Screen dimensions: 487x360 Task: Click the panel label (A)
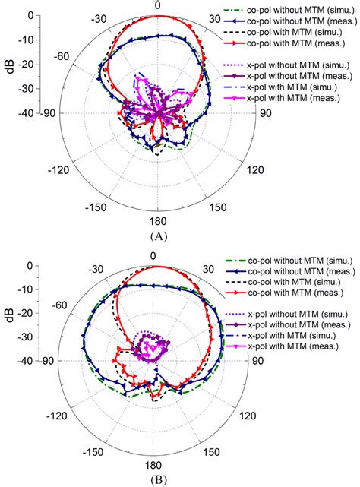pyautogui.click(x=157, y=236)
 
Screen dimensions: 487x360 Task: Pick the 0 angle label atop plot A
pyautogui.click(x=157, y=6)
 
